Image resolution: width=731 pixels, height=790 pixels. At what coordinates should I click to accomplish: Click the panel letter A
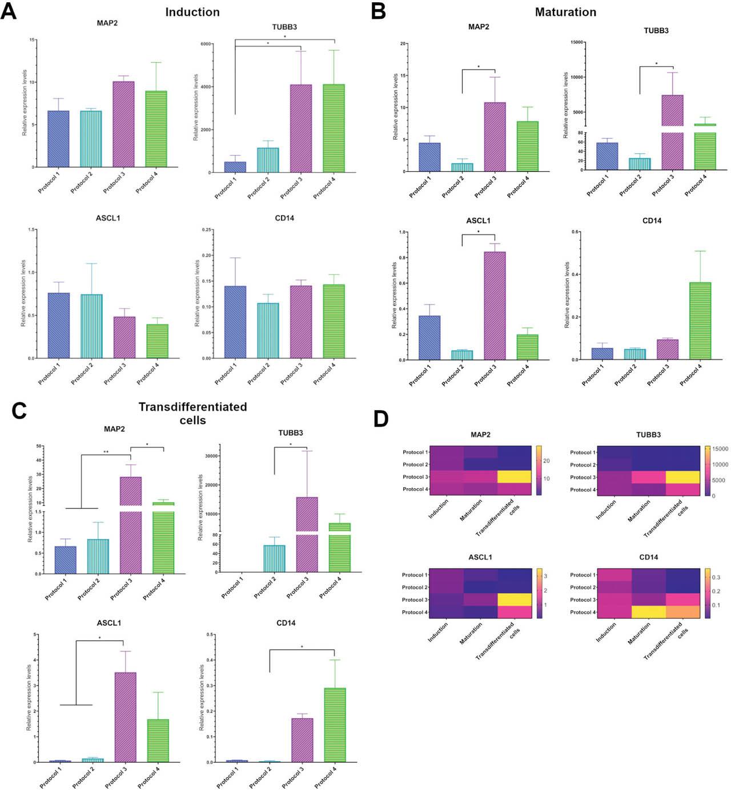(x=9, y=11)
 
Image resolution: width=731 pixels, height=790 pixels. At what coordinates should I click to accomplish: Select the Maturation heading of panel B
(x=565, y=12)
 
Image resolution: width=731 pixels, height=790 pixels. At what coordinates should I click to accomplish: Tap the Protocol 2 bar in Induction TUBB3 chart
(x=268, y=160)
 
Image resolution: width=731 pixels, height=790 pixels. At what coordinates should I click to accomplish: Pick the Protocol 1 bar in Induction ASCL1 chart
(x=59, y=326)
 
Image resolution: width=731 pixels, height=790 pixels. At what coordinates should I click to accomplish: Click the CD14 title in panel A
(x=284, y=218)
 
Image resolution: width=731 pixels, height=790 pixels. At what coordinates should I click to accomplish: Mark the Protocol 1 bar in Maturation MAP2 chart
(x=429, y=157)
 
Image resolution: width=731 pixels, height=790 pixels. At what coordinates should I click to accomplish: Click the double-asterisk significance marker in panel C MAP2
(x=106, y=452)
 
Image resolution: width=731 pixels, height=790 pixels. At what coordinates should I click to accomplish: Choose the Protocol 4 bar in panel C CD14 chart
(x=335, y=725)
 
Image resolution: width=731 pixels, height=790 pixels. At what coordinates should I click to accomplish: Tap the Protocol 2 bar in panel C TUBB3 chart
(x=274, y=559)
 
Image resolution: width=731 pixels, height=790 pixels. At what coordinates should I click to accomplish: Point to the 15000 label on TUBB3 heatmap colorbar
(x=720, y=449)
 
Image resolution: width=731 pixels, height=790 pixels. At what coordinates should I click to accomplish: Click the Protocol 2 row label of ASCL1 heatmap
(x=414, y=588)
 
